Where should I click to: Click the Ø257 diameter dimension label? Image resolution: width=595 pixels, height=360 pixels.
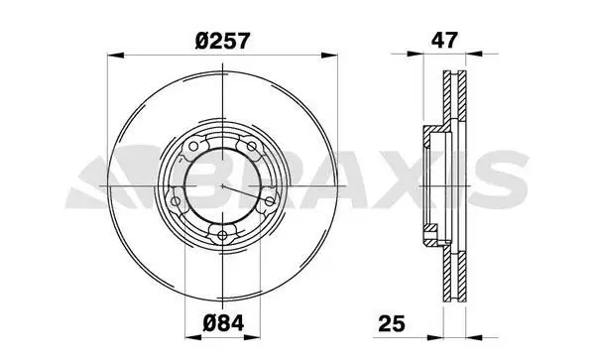222,41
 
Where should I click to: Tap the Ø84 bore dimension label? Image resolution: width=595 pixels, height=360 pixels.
223,323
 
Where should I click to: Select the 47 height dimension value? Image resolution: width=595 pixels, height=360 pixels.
444,40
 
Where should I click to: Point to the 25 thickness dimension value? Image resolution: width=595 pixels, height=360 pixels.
392,323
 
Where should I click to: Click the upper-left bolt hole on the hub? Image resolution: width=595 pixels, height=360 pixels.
193,146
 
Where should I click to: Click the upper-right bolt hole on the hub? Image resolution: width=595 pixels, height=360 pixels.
251,146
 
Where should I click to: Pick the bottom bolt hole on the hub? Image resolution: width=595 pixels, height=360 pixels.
222,236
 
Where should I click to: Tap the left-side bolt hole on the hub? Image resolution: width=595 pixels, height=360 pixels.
176,201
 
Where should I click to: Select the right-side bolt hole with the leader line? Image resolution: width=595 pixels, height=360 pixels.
269,201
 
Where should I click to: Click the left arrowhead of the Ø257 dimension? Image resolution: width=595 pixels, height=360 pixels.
115,56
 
